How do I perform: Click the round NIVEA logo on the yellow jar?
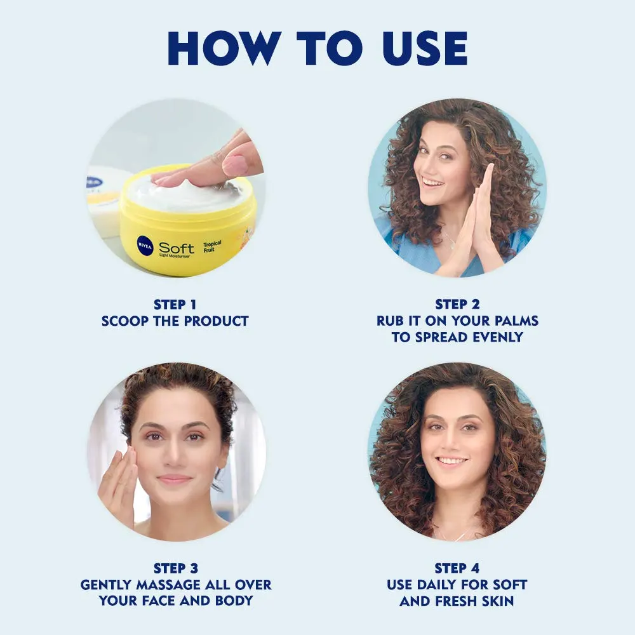point(145,245)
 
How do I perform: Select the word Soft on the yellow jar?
point(176,248)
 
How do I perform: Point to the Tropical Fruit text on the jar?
point(212,246)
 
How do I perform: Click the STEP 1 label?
point(175,304)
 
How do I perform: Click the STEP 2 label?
point(457,304)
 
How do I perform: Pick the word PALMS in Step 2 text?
point(516,321)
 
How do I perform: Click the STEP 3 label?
point(176,568)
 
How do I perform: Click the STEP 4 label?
point(457,568)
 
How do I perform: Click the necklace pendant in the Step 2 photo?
point(452,244)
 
